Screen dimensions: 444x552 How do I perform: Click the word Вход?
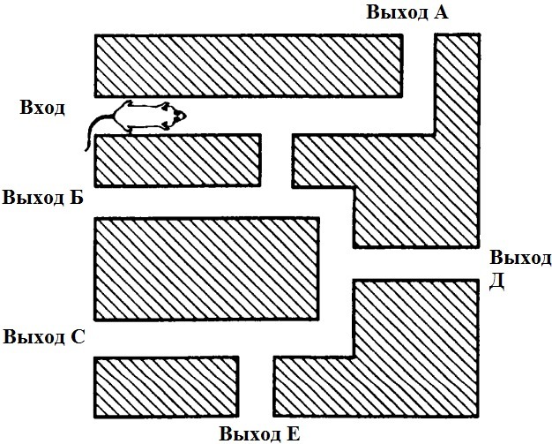pos(43,108)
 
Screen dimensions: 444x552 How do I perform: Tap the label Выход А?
pos(407,12)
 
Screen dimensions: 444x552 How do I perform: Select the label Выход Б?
pos(43,197)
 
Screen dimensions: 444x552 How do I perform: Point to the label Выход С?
pos(44,337)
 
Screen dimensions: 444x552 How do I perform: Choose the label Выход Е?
pos(260,433)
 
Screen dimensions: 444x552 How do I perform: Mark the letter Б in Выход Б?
pos(78,197)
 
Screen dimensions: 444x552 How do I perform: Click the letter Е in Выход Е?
pos(295,433)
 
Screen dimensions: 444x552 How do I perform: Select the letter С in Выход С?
pos(78,337)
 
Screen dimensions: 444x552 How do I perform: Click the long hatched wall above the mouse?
pos(249,65)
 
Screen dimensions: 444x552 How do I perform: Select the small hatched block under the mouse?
pos(177,160)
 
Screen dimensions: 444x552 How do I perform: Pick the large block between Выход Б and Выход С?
pos(206,268)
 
